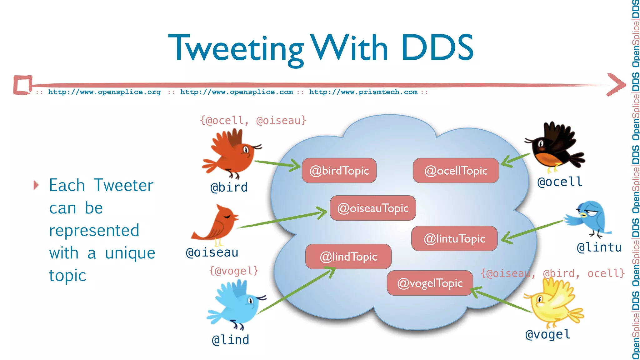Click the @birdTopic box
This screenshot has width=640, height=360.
[x=339, y=171]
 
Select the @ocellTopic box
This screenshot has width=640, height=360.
[x=456, y=171]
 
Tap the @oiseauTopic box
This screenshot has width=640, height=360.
[x=373, y=208]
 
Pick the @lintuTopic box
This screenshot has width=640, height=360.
[x=454, y=239]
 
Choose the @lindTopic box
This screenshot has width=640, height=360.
[x=348, y=257]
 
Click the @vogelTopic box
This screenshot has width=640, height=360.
[x=430, y=283]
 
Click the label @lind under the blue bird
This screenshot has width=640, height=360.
[x=231, y=340]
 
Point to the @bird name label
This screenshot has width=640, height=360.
[x=229, y=187]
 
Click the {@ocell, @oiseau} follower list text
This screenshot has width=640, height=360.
[x=253, y=120]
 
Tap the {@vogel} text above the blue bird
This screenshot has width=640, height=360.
[x=234, y=271]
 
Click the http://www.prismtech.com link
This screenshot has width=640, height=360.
[x=363, y=92]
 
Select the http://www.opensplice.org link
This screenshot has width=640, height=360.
[x=104, y=92]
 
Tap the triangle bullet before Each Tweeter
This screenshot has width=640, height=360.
[x=36, y=185]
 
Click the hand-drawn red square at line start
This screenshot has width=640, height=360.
[x=23, y=85]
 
